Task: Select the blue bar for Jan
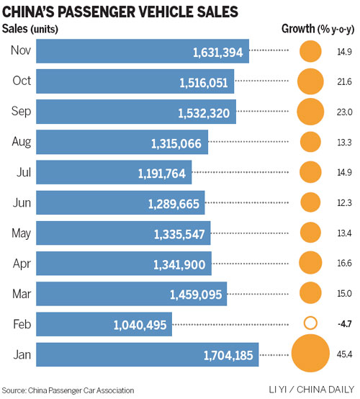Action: coord(147,354)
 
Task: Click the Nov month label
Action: coord(21,50)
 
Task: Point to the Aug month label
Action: coord(21,141)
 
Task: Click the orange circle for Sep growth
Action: coord(310,112)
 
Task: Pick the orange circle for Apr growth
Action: coord(310,263)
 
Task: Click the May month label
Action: coord(21,233)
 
